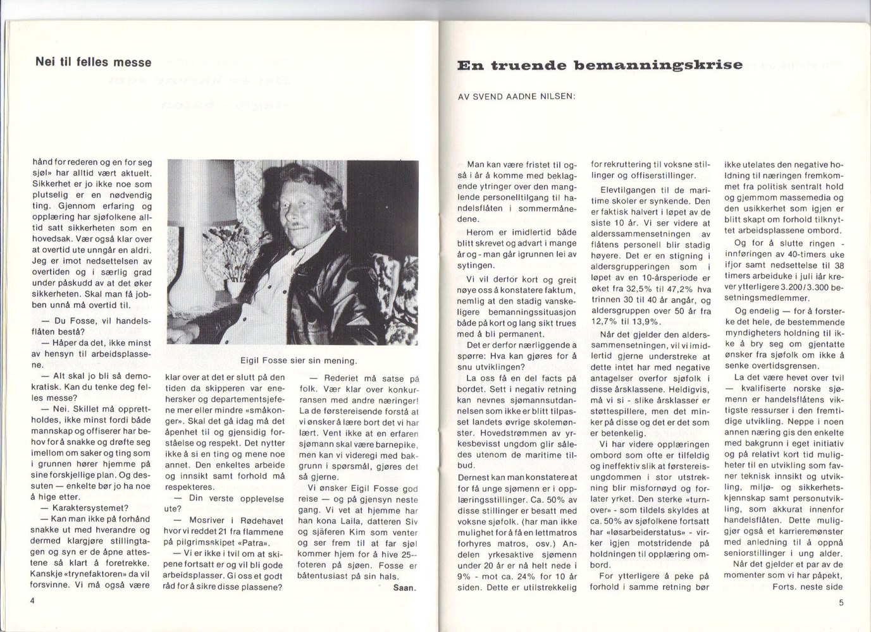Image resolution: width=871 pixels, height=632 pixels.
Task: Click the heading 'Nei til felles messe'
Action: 94,62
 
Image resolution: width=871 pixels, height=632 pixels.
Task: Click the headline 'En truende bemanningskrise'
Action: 600,65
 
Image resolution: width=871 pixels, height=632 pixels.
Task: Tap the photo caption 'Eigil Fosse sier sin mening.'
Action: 299,361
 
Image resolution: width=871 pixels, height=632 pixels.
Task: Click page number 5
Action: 841,602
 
